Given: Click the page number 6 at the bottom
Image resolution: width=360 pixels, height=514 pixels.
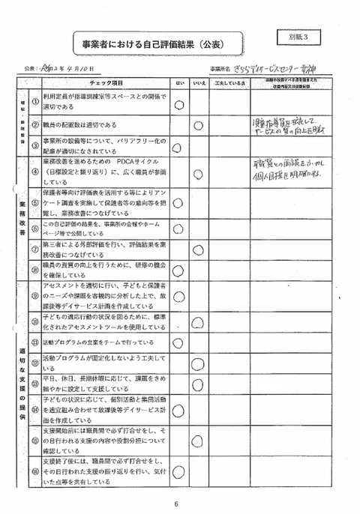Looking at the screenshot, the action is [x=175, y=504].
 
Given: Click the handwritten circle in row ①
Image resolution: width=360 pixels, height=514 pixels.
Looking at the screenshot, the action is [x=179, y=105].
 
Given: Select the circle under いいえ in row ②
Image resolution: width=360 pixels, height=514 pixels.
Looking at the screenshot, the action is [x=199, y=126].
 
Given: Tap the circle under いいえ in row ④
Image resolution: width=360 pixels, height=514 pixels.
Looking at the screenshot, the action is [x=199, y=175].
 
